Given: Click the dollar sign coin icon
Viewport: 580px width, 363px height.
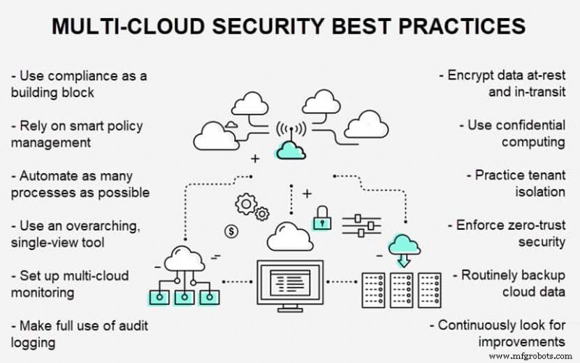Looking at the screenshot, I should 231,232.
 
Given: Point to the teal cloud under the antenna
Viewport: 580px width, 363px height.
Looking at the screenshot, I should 290,150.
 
